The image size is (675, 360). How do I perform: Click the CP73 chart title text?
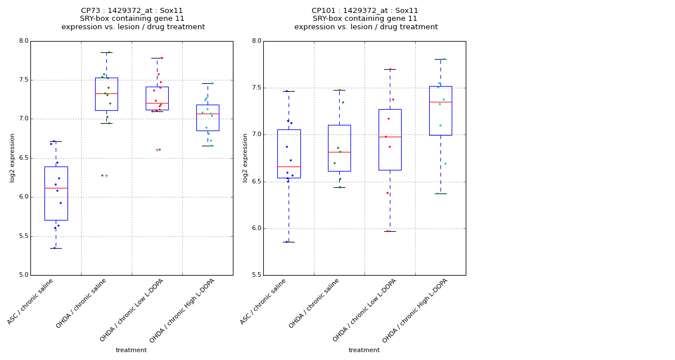[133, 19]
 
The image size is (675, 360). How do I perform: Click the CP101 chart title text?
[366, 19]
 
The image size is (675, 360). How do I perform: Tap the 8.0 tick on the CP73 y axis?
[23, 41]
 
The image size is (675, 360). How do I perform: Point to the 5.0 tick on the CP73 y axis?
[23, 275]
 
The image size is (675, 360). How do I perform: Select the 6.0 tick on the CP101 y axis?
[256, 228]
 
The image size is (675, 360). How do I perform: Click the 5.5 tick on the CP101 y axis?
[256, 275]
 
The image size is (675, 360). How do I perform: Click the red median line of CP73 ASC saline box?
[56, 188]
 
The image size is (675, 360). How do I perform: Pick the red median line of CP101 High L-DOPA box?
[440, 102]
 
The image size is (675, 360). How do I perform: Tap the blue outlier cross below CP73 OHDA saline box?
[106, 175]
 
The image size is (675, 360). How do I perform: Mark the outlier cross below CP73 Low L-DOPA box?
[157, 150]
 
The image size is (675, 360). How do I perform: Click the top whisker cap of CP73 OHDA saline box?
[106, 52]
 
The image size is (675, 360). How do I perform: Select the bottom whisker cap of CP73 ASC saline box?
[56, 248]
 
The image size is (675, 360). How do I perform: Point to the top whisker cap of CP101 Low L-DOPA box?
[390, 69]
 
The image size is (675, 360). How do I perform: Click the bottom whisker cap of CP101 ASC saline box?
[289, 242]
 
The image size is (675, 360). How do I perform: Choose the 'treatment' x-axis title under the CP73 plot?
[131, 350]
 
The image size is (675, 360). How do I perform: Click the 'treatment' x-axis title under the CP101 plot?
[364, 350]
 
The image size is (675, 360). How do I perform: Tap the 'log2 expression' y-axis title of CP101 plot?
[245, 157]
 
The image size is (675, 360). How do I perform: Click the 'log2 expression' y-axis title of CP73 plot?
[12, 157]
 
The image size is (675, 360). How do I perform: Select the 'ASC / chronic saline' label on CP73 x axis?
[31, 301]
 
